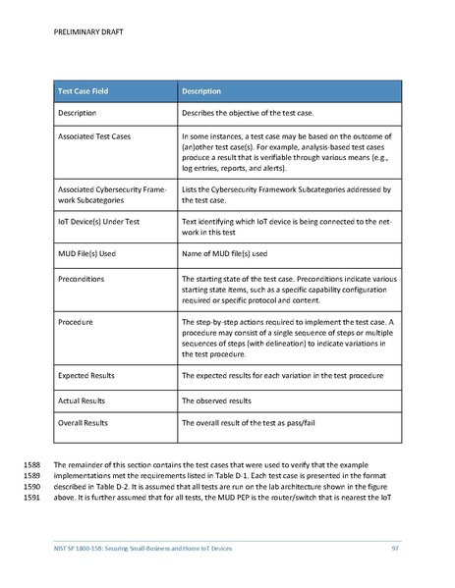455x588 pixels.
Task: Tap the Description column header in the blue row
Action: point(202,91)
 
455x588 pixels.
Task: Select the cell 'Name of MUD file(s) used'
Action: point(232,252)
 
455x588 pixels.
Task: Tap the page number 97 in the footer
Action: point(394,546)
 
